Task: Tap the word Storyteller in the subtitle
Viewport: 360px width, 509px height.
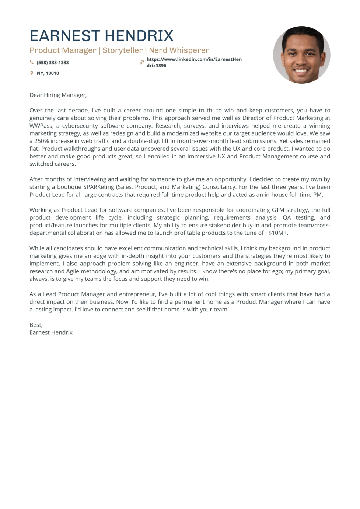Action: [122, 50]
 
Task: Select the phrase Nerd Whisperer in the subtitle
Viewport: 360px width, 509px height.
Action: [179, 50]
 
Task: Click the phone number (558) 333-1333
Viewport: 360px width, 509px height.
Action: [53, 63]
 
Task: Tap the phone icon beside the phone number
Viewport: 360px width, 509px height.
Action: [32, 62]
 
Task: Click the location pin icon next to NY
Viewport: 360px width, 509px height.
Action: [32, 73]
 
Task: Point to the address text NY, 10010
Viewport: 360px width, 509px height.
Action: [48, 73]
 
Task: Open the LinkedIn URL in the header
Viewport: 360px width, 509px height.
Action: [194, 62]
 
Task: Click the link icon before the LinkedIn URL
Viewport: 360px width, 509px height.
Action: [141, 62]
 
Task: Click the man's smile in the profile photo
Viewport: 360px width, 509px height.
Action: [301, 70]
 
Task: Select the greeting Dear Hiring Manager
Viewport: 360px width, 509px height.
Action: [58, 95]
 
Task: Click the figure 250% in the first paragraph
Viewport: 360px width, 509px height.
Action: [42, 141]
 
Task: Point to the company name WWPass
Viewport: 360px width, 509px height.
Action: [41, 126]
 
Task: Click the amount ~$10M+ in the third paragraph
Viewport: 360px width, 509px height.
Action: [276, 233]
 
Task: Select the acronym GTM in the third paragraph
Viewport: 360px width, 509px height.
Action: [278, 210]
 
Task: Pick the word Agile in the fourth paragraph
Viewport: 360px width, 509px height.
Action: [73, 272]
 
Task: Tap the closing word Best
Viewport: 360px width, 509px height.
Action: [36, 325]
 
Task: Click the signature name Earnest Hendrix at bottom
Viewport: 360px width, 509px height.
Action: [51, 333]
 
